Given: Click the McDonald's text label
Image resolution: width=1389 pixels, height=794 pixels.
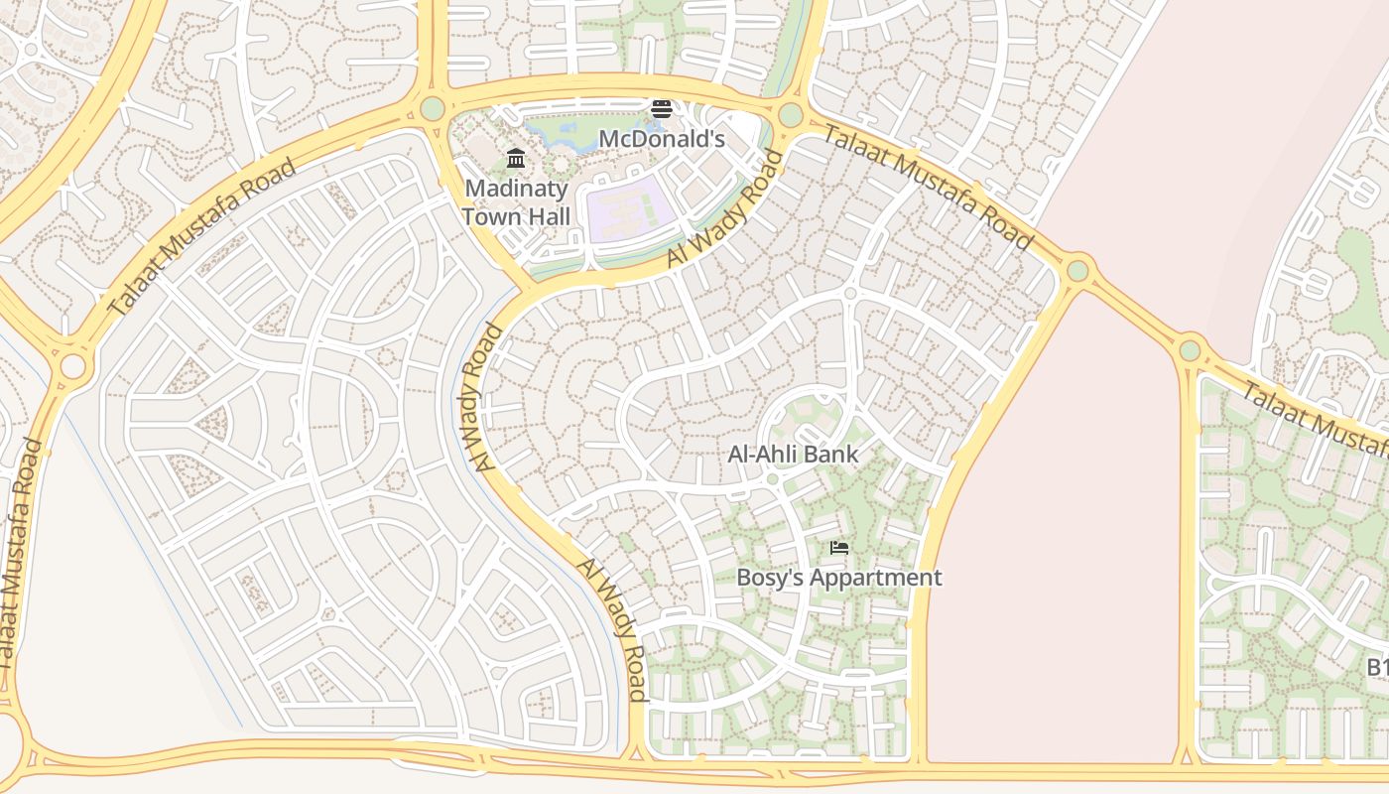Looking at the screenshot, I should pos(662,139).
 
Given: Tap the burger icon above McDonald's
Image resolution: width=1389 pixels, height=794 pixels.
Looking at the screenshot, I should pos(662,109).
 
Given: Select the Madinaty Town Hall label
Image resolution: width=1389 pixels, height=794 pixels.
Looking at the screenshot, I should pos(516,201).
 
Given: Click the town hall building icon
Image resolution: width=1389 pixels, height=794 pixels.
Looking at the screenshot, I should pos(516,159).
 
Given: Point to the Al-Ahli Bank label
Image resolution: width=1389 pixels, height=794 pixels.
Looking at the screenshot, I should pos(793,455).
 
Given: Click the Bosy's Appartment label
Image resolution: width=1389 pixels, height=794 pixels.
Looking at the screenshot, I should pos(838,578).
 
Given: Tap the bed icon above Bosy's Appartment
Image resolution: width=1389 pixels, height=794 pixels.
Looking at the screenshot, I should pos(839,548).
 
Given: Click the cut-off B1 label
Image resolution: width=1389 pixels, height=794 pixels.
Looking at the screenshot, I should pos(1377,667).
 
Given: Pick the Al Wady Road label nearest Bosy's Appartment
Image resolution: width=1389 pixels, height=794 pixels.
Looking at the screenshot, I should pos(613,629).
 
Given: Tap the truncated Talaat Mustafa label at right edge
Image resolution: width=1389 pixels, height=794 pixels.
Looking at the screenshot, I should pos(1316,411).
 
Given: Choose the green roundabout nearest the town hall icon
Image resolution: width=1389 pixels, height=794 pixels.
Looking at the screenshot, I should pos(433,108).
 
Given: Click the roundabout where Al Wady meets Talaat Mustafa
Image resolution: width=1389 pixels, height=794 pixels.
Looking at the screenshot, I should pos(790,115).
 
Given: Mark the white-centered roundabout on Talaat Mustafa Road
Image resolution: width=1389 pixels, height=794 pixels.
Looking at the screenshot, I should pos(72,366).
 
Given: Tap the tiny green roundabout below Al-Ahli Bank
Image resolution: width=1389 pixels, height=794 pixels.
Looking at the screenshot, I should pos(772,479).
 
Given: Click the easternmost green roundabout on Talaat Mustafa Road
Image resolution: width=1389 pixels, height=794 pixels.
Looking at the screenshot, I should pos(1190,350).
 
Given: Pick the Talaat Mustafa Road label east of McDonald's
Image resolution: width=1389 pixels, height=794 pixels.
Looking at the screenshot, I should pos(929,189).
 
